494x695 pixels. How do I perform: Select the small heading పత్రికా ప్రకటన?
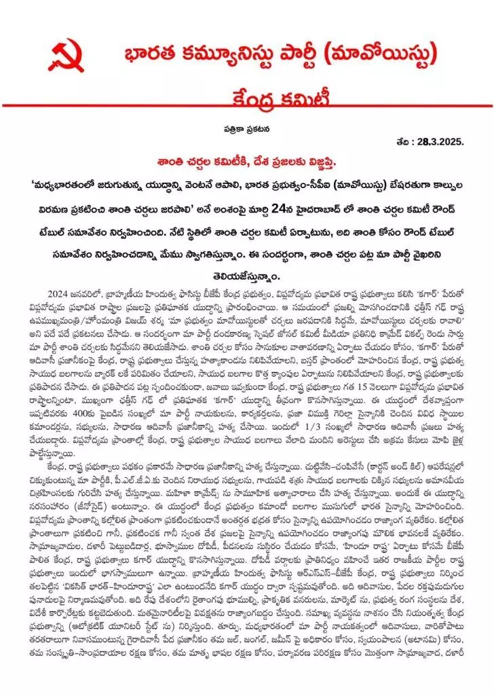click(x=246, y=129)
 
